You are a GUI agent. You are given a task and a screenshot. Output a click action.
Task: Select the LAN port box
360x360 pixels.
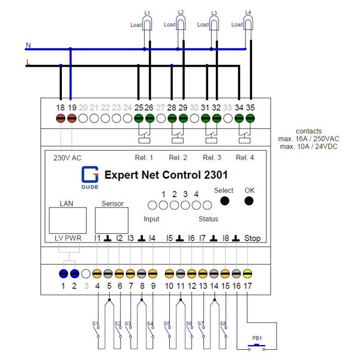67,220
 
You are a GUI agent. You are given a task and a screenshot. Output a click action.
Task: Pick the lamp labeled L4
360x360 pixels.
249,23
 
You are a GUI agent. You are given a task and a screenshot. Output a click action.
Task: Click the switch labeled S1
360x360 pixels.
97,329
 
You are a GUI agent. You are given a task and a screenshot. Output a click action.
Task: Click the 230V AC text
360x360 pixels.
68,158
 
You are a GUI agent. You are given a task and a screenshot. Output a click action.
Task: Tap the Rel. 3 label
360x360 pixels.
212,158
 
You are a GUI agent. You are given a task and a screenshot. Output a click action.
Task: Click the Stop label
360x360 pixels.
252,238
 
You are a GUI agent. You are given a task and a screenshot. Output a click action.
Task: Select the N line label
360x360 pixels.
28,45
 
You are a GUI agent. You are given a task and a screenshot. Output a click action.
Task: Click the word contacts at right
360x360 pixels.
309,131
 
